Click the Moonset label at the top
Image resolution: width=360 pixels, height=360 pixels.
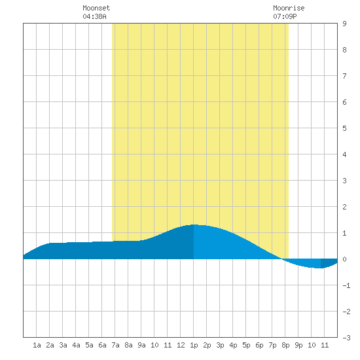[96, 8]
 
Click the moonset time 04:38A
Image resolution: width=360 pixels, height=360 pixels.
[94, 16]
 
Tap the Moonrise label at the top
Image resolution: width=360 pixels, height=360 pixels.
[289, 8]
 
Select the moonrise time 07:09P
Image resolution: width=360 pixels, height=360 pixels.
[285, 16]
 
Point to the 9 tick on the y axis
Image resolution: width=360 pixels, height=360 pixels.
[344, 24]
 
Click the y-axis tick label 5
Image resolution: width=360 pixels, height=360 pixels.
[344, 128]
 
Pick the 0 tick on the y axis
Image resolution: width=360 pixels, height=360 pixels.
[344, 259]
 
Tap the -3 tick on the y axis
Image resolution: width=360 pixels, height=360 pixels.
[346, 338]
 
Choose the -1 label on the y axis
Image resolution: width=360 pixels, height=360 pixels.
[346, 285]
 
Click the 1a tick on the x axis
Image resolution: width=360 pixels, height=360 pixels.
[37, 345]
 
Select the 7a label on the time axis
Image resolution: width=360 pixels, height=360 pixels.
[115, 345]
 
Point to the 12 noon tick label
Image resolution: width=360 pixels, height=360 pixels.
[181, 345]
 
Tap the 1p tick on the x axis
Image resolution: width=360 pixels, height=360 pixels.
[194, 345]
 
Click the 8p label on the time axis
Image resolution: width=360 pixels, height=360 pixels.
[285, 345]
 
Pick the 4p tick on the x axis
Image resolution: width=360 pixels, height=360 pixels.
[233, 345]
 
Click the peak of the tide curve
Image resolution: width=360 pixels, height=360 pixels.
[194, 225]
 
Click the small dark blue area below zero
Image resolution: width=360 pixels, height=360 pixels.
[328, 263]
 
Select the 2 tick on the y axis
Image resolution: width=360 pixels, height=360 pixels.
[344, 207]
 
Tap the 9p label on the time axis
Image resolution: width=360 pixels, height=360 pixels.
[298, 345]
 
